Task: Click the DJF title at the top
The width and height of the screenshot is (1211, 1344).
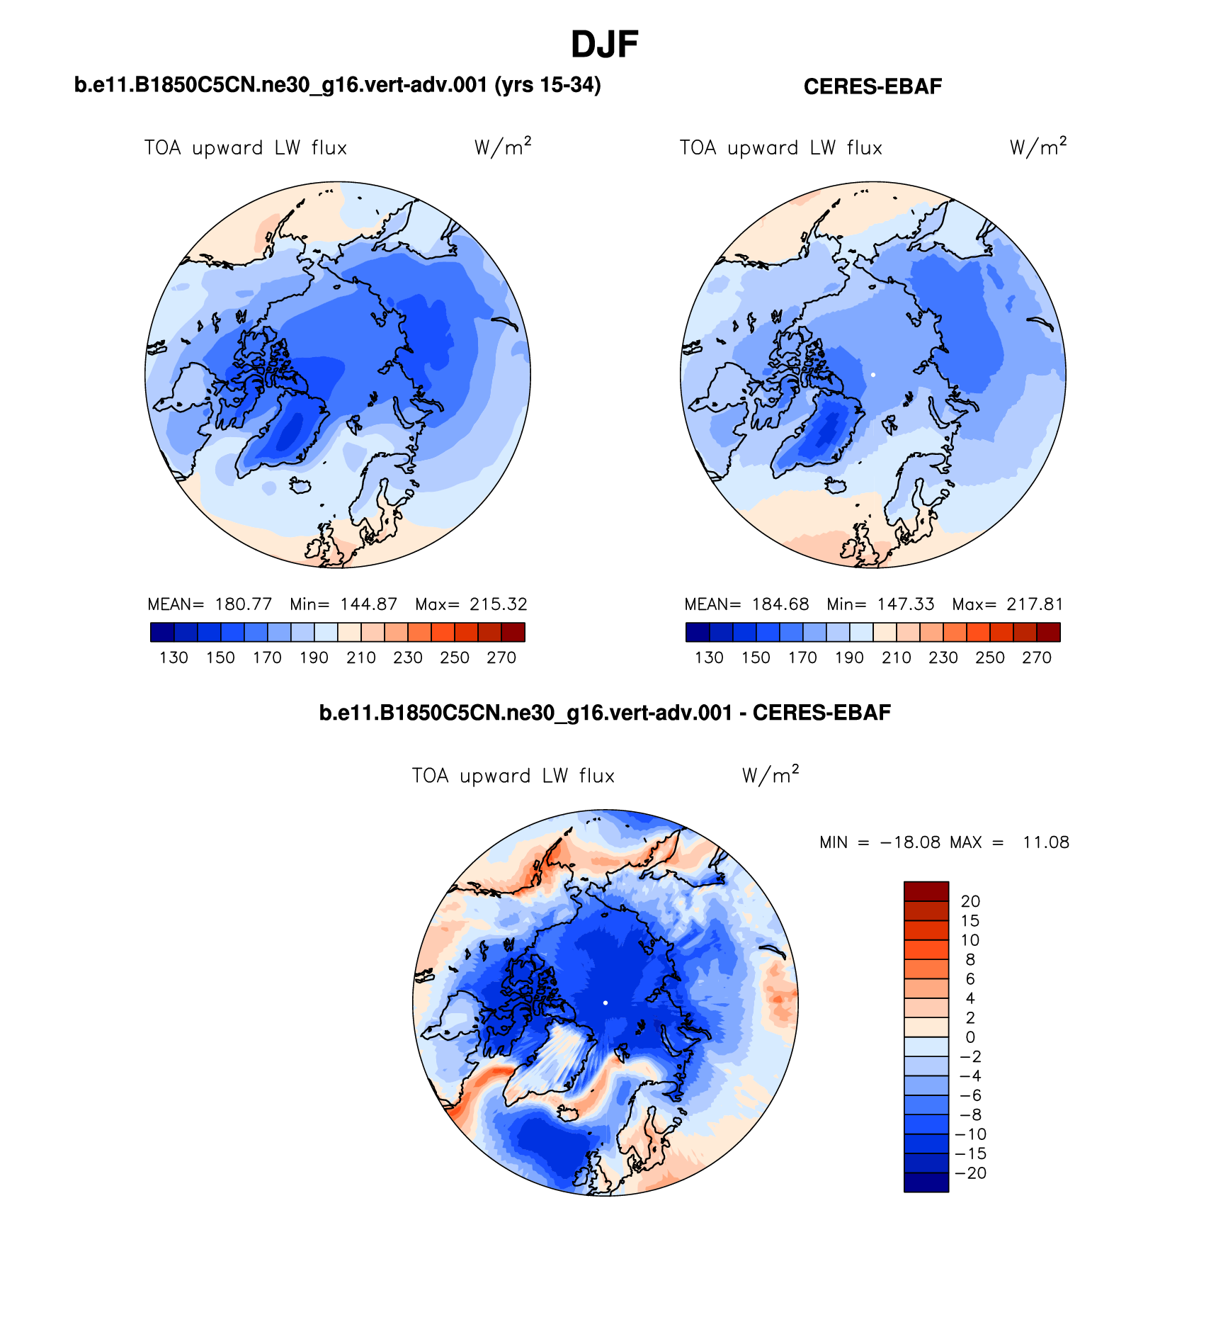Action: point(604,45)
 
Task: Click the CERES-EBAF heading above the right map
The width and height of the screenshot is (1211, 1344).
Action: point(872,86)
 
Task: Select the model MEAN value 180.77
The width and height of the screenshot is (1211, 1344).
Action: point(243,604)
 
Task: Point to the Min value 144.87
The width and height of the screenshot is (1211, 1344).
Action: point(368,604)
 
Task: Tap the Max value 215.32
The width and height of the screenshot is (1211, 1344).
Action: point(499,604)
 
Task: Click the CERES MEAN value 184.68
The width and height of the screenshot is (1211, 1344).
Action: point(780,604)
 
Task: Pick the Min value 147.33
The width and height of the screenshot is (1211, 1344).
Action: point(905,604)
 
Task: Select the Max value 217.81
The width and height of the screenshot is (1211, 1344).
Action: point(1035,604)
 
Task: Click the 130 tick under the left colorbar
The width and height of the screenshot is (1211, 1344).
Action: point(174,657)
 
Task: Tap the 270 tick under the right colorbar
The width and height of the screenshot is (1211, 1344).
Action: point(1036,657)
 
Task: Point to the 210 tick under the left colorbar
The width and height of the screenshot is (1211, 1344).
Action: point(360,657)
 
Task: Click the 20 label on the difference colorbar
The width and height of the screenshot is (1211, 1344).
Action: point(970,901)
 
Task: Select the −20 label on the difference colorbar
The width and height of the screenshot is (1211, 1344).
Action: point(970,1173)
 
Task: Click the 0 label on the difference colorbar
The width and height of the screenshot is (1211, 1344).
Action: point(970,1037)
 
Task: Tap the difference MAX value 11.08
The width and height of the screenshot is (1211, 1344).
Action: point(1045,842)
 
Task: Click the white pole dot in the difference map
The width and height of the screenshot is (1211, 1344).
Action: point(605,1003)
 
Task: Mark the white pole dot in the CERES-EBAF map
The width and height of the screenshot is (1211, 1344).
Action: point(872,374)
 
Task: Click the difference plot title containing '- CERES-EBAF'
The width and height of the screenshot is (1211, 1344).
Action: point(605,713)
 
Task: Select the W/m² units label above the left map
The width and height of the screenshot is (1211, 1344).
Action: point(502,147)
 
